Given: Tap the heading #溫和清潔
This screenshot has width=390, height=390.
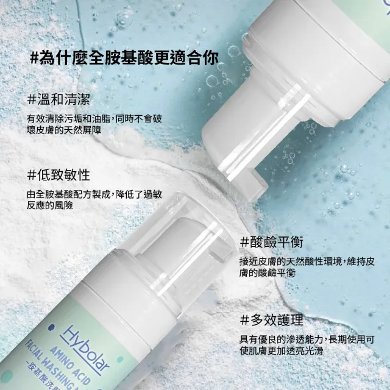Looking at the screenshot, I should (58, 99).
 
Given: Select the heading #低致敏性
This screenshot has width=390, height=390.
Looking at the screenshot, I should (58, 175).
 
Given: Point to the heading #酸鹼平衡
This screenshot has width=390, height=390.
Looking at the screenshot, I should (272, 241).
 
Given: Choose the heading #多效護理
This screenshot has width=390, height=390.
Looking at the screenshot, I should (271, 320).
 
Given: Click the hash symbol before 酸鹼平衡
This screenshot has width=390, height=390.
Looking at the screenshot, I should (246, 241).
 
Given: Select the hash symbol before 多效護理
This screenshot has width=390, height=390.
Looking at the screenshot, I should (246, 320).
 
